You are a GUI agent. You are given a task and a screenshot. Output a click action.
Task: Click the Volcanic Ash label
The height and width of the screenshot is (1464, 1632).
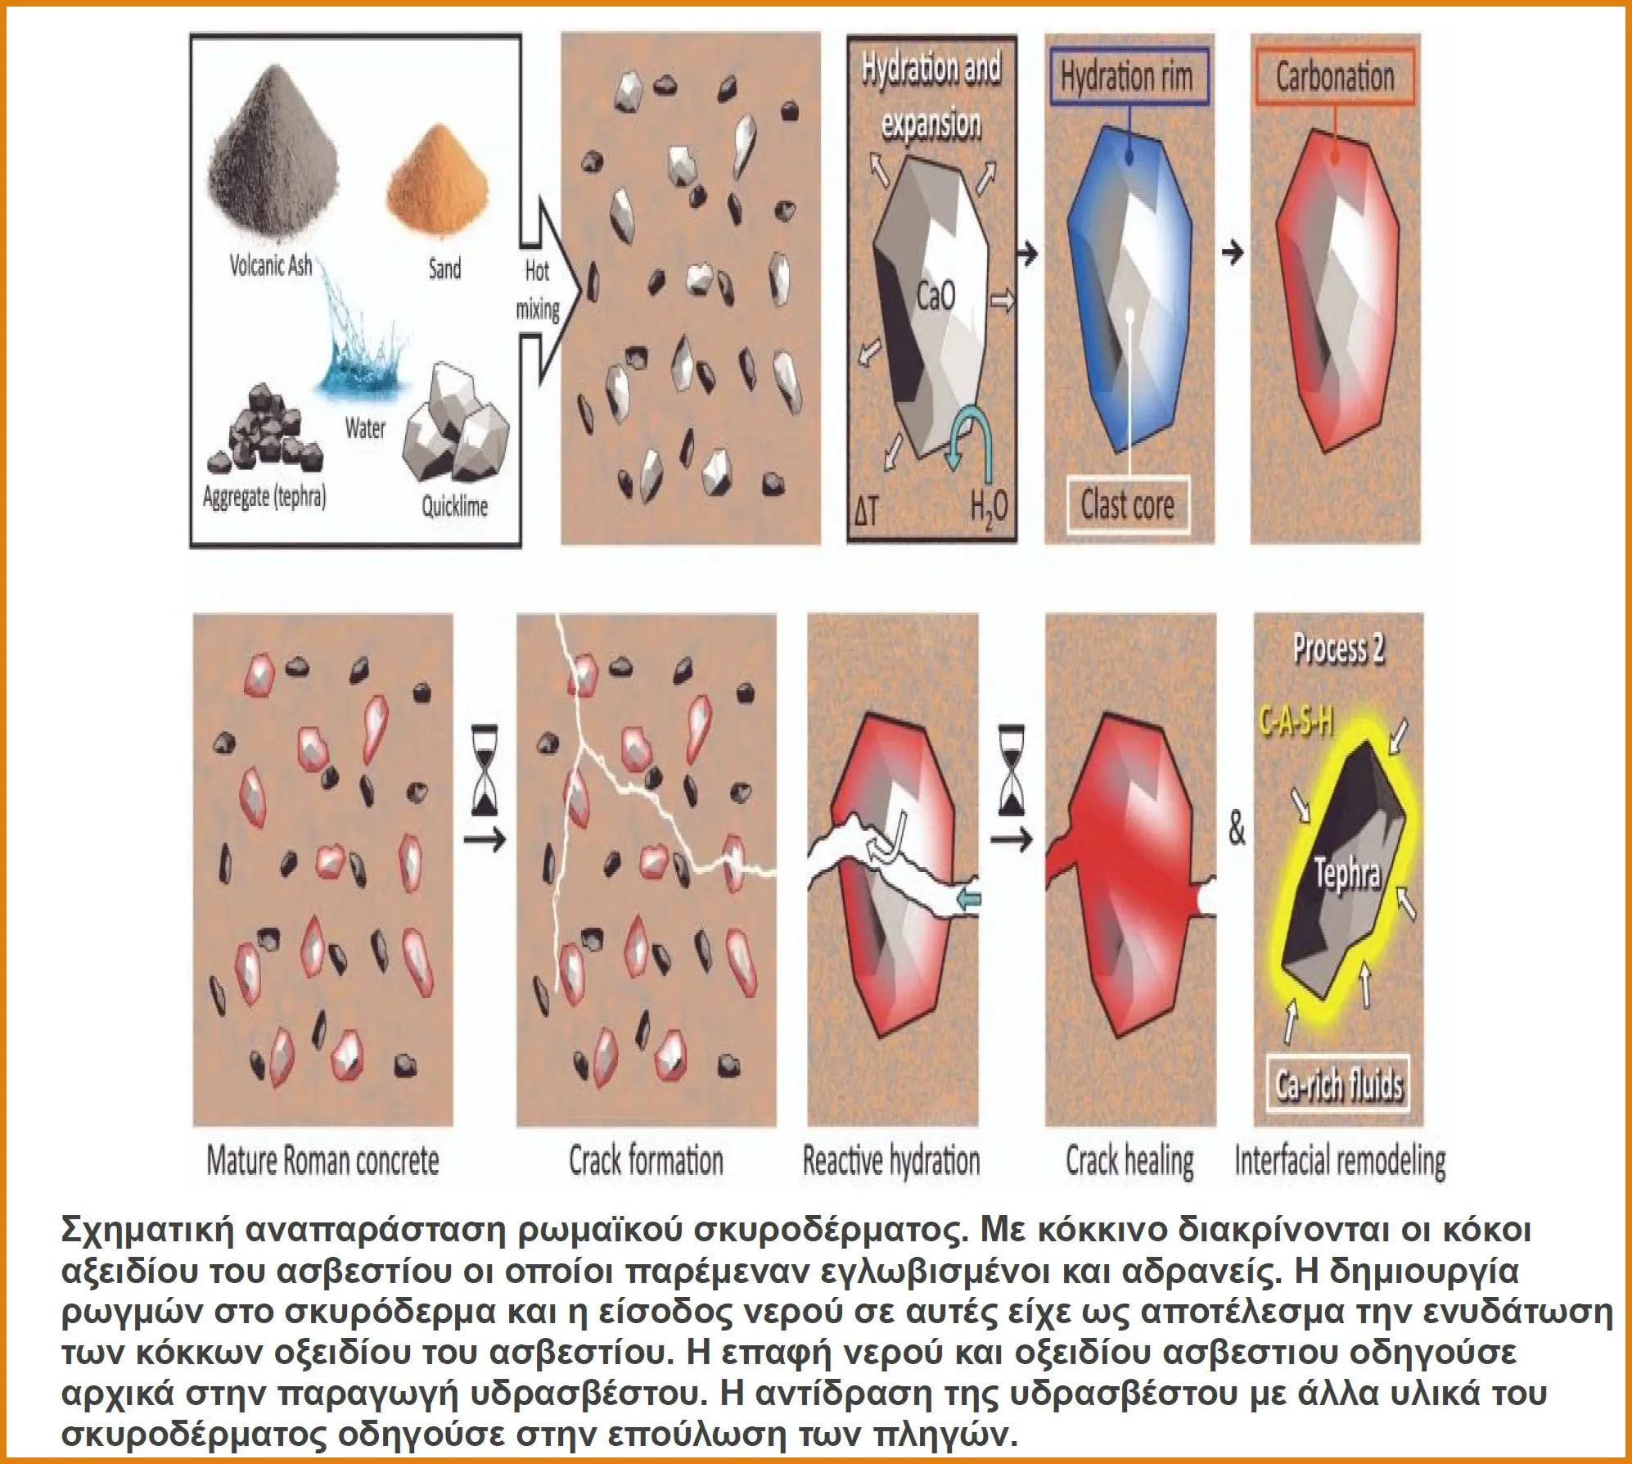coord(270,265)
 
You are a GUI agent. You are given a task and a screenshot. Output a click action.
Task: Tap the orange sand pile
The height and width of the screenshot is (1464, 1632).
coord(437,197)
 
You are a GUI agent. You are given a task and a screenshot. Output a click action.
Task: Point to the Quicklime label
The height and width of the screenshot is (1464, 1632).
coord(454,506)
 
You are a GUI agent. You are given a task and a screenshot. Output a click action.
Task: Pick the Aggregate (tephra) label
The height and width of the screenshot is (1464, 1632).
coord(264,496)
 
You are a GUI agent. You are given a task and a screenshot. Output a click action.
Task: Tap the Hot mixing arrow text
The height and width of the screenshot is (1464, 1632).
coord(537,290)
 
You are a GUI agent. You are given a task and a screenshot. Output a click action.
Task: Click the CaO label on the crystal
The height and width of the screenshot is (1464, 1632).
coord(935,296)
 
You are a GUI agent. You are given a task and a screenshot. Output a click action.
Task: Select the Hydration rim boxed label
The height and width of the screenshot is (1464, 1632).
coord(1128,77)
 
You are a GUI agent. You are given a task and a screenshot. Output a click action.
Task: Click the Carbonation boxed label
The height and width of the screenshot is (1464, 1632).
coord(1335,77)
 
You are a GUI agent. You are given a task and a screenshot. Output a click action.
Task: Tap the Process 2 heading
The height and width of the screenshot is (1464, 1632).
coord(1339,648)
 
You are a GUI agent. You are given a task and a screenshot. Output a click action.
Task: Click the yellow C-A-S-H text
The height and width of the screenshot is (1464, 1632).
coord(1295,722)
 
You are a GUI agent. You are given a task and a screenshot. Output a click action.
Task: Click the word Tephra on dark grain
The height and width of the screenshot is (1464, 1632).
coord(1347,874)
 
